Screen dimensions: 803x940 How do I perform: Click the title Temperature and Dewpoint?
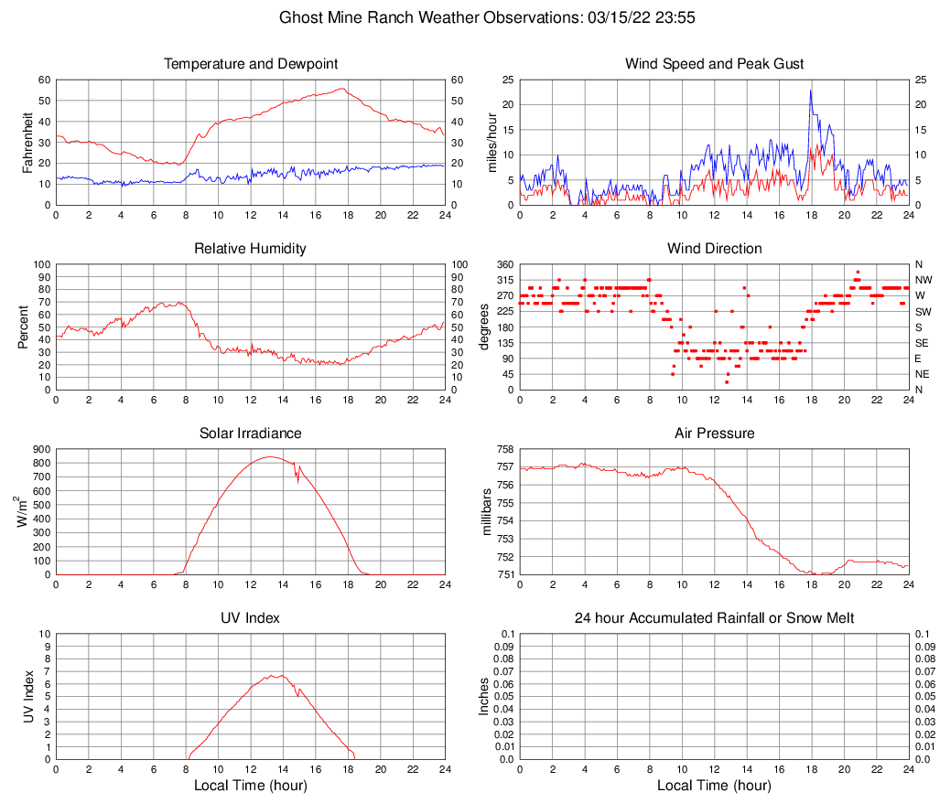(x=251, y=64)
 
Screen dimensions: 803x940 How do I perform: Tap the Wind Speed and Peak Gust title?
(x=714, y=64)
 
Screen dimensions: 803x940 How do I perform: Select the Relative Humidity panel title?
(x=251, y=249)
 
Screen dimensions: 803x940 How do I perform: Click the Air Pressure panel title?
(x=714, y=434)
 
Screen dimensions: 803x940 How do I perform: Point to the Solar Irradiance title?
(x=251, y=434)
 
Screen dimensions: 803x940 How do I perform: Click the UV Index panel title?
(x=251, y=618)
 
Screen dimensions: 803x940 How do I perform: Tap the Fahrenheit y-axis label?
(x=27, y=142)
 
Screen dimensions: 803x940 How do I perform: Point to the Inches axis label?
(x=484, y=697)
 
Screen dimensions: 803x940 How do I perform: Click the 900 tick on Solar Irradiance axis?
(x=41, y=449)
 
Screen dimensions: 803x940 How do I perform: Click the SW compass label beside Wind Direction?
(x=924, y=312)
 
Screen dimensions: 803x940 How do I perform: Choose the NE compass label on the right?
(x=924, y=374)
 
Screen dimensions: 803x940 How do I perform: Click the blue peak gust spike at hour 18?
(x=811, y=91)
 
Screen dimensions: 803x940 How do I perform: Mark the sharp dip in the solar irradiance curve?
(x=297, y=478)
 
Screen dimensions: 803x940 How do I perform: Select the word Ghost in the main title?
(x=300, y=17)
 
